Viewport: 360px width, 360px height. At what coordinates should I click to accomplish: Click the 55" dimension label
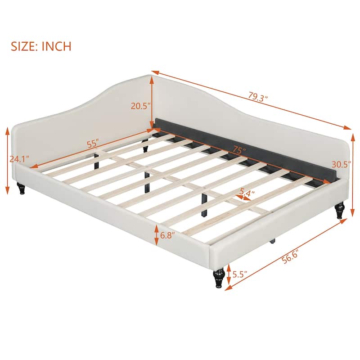pos(92,144)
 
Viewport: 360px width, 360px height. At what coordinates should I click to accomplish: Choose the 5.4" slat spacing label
pos(245,192)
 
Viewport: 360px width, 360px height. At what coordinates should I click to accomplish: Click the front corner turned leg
pos(218,279)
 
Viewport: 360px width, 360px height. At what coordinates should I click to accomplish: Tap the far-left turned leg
pos(21,189)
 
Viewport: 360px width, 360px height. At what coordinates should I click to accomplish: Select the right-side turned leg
pos(340,211)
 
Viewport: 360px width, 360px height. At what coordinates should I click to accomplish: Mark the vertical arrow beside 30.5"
pos(352,166)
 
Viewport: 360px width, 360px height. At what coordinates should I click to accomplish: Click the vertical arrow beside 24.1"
pos(8,158)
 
